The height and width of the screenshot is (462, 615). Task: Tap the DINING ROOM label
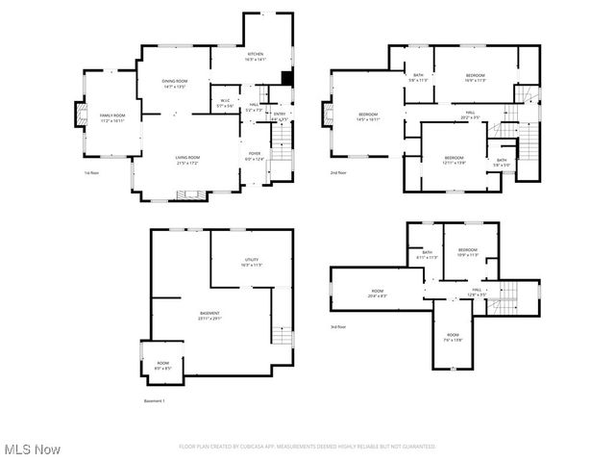174,84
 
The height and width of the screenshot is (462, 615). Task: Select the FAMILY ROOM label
112,118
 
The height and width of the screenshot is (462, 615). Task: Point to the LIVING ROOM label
187,160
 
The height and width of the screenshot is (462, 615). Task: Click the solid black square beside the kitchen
285,79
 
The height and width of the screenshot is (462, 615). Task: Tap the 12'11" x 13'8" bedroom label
454,160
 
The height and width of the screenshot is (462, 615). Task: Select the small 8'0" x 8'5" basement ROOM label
163,366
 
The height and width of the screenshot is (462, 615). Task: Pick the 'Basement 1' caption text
154,400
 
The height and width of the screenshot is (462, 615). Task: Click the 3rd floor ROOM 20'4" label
378,294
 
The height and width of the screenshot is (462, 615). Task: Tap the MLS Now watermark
32,449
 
